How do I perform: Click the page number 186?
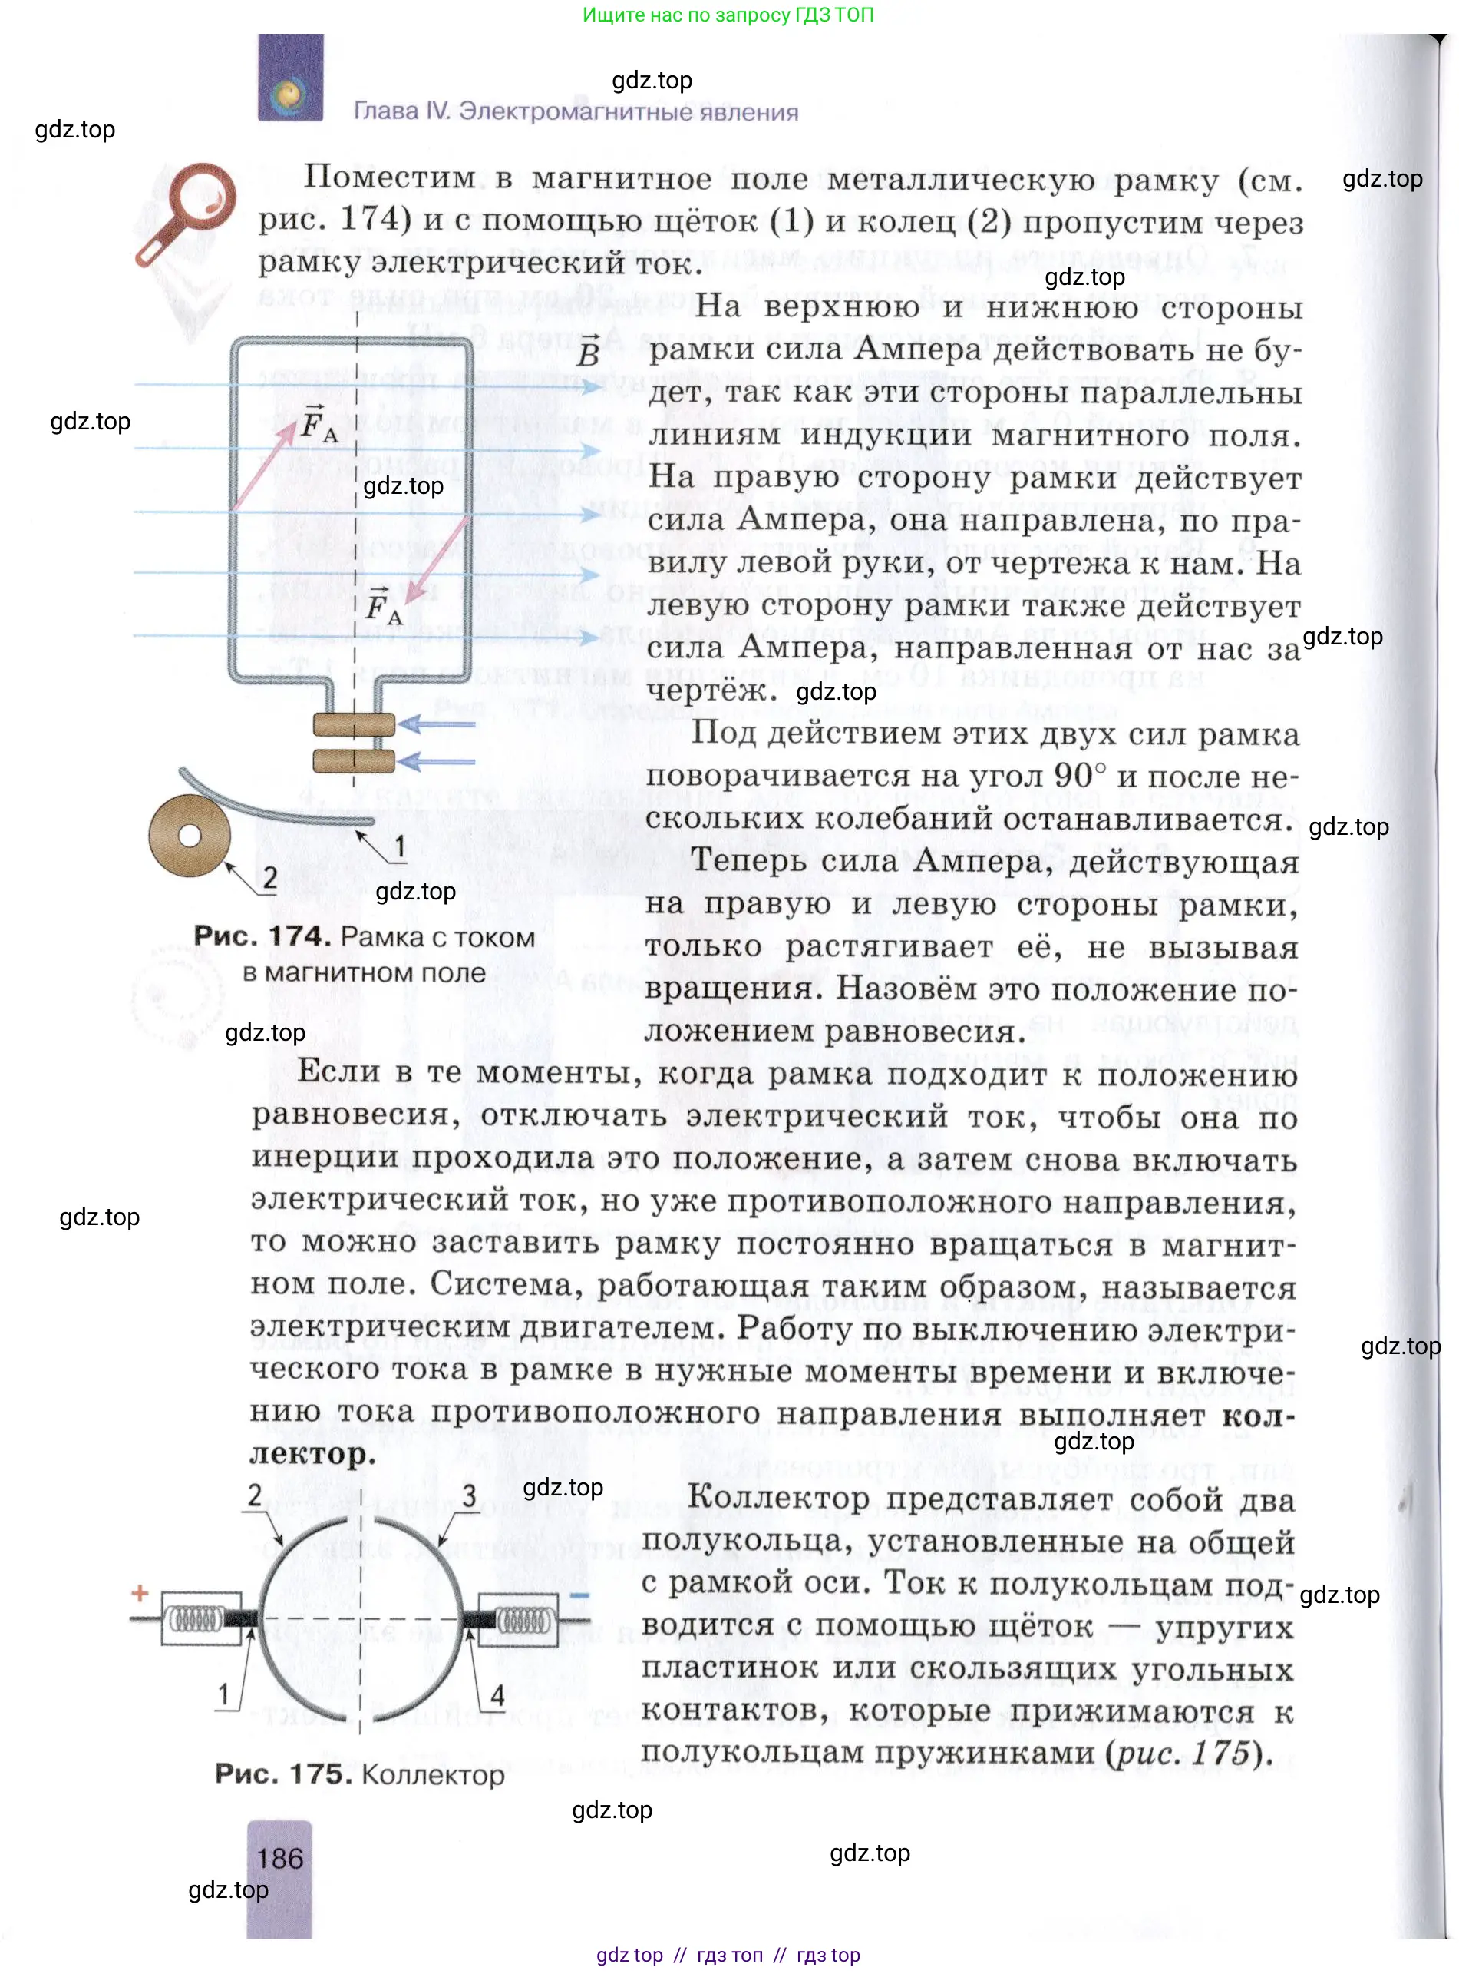(x=280, y=1858)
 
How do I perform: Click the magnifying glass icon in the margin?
(x=187, y=213)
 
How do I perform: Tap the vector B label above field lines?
(x=589, y=352)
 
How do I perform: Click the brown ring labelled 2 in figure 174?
(x=189, y=836)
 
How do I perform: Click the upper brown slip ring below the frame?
(x=354, y=724)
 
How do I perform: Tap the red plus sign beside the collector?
(x=140, y=1593)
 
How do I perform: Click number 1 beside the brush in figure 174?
(x=400, y=846)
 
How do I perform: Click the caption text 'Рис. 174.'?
(x=262, y=936)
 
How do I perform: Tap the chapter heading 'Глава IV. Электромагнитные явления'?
(x=576, y=111)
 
